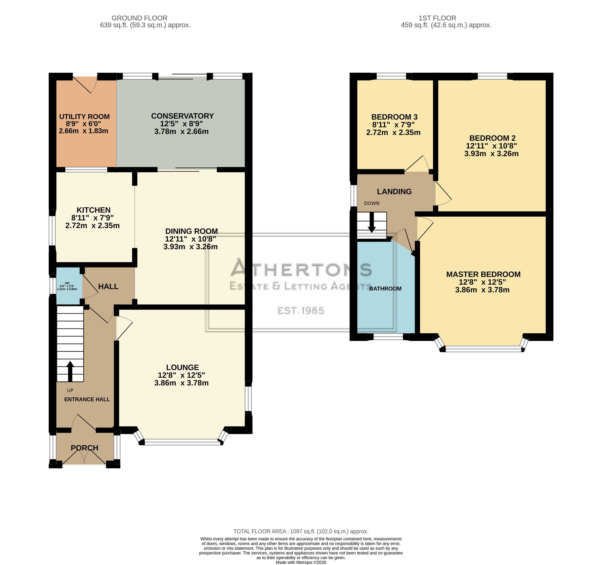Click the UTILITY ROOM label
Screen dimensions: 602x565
coord(84,117)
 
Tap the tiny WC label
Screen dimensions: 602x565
coord(67,283)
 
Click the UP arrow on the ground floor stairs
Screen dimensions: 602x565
coord(70,371)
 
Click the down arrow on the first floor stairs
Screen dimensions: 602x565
coord(372,223)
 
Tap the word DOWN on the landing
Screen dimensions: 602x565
coord(372,203)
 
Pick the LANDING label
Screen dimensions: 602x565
coord(394,191)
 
